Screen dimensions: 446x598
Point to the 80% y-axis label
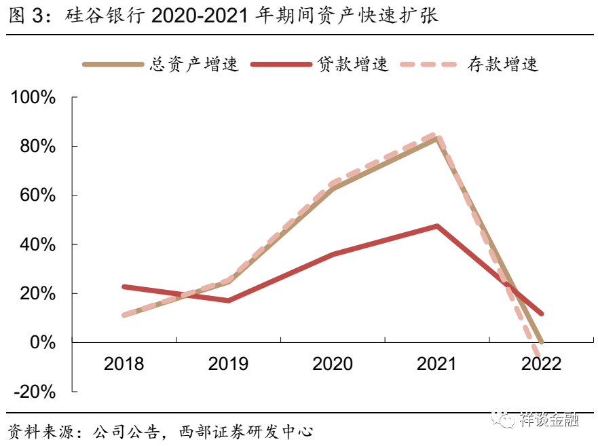[x=37, y=147]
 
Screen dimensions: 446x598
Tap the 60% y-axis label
[x=37, y=196]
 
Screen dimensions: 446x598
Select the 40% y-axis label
[x=37, y=244]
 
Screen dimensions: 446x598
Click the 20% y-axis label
[x=37, y=294]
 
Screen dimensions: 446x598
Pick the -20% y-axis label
[x=33, y=392]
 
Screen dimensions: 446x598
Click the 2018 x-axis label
[x=124, y=364]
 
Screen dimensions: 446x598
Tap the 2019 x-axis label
[x=228, y=364]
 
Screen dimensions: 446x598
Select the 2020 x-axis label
[x=333, y=364]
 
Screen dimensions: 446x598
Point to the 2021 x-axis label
[x=436, y=364]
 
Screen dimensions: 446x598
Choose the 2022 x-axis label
[x=541, y=364]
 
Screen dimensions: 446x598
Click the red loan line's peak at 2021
[x=437, y=226]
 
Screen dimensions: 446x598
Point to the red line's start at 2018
[x=124, y=287]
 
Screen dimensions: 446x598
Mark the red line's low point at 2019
[x=228, y=300]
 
